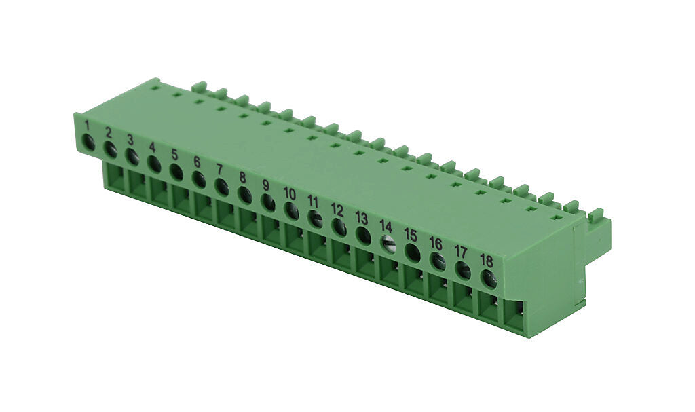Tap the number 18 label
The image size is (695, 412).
point(486,260)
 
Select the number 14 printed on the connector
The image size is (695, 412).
point(386,225)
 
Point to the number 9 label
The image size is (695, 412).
point(265,185)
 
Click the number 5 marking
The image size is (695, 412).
point(174,154)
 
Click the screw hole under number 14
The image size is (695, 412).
point(388,244)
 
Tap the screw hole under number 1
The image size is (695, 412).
point(88,143)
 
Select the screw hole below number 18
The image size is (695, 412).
point(489,278)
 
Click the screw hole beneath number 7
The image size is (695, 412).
point(221,187)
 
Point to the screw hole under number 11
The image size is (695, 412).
point(315,219)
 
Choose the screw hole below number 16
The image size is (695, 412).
point(438,261)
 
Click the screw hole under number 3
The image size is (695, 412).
point(132,157)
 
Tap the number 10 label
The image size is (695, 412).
point(290,193)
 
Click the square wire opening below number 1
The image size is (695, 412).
point(115,178)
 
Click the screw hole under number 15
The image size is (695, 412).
point(413,252)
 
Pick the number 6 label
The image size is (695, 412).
point(197,162)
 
